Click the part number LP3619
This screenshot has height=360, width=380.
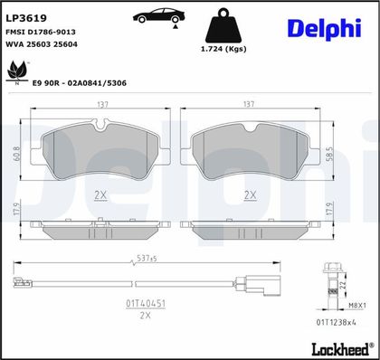(26, 18)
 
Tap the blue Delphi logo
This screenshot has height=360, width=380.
(324, 29)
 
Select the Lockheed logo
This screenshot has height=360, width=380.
(341, 349)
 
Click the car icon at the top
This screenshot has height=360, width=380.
(159, 16)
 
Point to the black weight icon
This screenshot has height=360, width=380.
(223, 25)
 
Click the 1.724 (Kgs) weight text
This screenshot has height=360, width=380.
(223, 49)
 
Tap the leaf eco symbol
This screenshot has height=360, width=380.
(17, 72)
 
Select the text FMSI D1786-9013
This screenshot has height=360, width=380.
(41, 32)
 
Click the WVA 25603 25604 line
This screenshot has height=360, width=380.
(42, 44)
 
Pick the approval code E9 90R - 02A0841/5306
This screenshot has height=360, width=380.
(80, 83)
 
